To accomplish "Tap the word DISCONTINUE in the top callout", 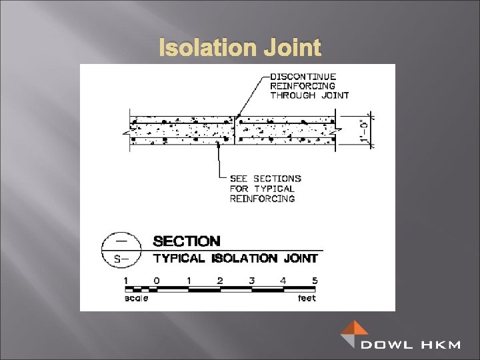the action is coord(303,77).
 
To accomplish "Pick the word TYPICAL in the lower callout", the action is coord(275,189).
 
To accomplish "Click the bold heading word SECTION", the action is coord(187,241).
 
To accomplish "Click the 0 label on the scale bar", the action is coord(157,281).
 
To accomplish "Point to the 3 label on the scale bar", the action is coord(251,281).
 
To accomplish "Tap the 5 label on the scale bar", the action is coord(315,281).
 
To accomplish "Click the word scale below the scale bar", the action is coord(137,299).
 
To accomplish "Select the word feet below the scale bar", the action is coord(307,299).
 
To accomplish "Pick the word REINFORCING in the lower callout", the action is coord(262,199).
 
